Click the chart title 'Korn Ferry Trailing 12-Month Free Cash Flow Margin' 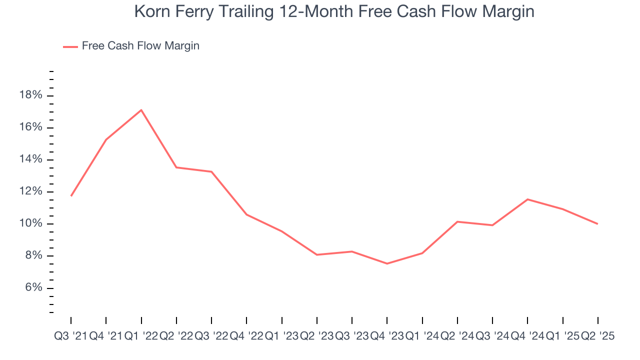pyautogui.click(x=334, y=11)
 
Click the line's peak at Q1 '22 pyautogui.click(x=141, y=110)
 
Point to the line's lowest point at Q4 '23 pyautogui.click(x=387, y=263)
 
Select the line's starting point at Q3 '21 pyautogui.click(x=71, y=195)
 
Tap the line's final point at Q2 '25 pyautogui.click(x=597, y=223)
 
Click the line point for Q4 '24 pyautogui.click(x=527, y=199)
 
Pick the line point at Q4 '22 pyautogui.click(x=246, y=214)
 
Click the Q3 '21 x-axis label pyautogui.click(x=70, y=336)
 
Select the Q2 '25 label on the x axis pyautogui.click(x=597, y=336)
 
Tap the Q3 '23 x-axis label pyautogui.click(x=352, y=336)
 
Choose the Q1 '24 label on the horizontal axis pyautogui.click(x=422, y=336)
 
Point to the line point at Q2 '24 pyautogui.click(x=457, y=221)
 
